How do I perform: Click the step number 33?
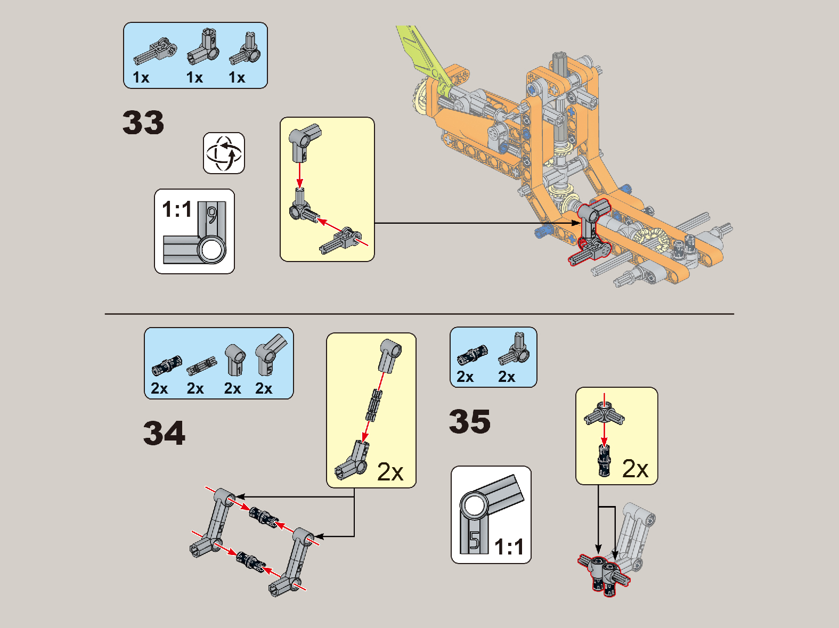pos(143,123)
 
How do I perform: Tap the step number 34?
pos(165,433)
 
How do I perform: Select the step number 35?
pos(470,421)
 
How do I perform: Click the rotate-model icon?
pos(224,153)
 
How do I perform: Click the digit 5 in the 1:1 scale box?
pos(474,540)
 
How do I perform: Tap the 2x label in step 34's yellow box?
pos(390,472)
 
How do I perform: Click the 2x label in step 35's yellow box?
pos(636,469)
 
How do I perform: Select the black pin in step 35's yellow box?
pos(604,461)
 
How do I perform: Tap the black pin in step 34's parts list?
pos(167,365)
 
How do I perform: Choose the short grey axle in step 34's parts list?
pos(201,366)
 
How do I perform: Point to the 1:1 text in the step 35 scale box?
pos(509,547)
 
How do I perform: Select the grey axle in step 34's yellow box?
pos(374,405)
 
